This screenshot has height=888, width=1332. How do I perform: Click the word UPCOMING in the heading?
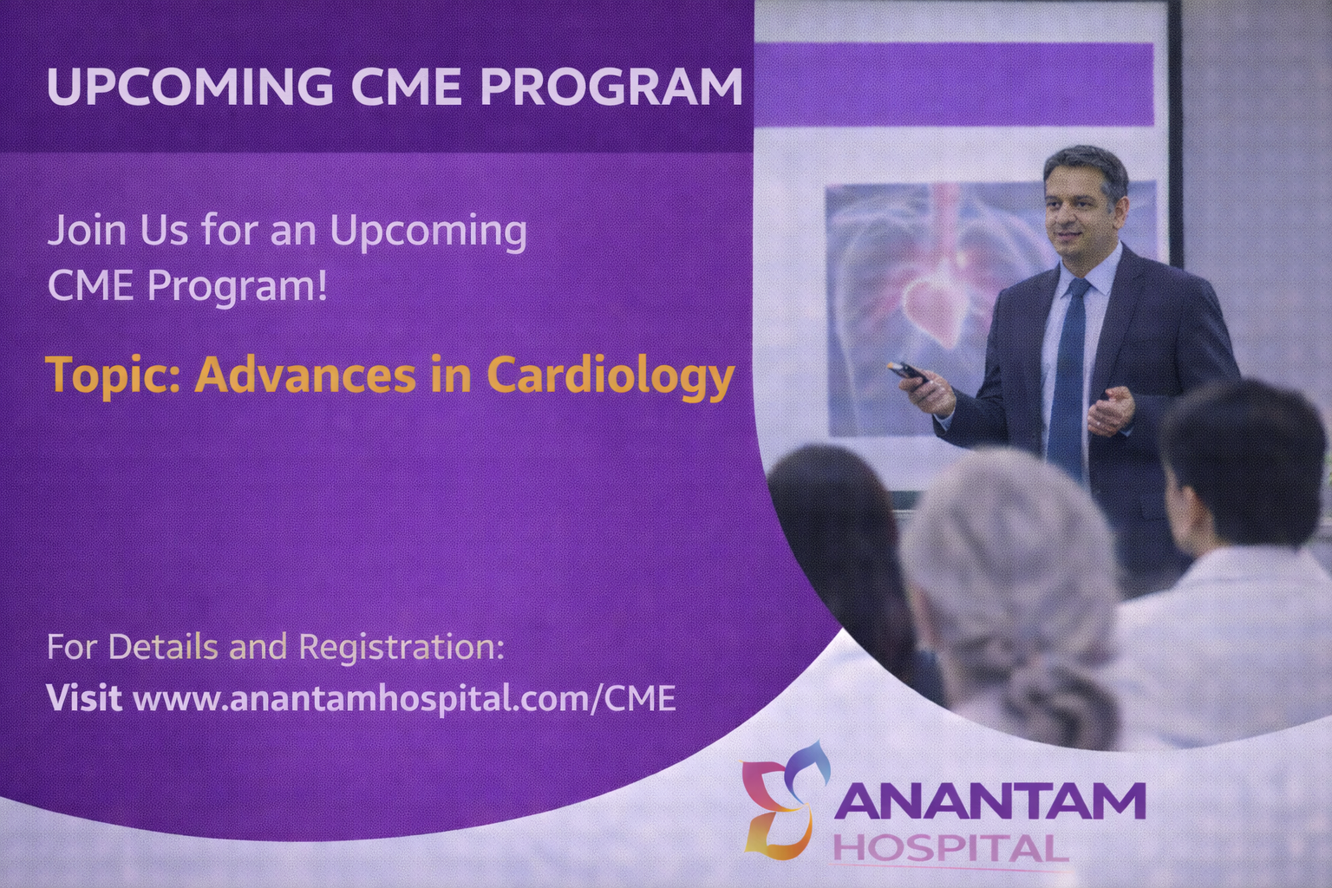(190, 86)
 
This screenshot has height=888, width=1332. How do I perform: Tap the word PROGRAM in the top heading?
(611, 86)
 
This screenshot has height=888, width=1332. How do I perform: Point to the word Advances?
(305, 375)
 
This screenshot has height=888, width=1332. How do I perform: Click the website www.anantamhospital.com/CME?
(404, 698)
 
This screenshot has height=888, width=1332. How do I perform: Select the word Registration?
(401, 648)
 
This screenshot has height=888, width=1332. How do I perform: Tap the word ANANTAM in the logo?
(990, 800)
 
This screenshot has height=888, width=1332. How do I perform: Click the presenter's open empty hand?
(1110, 410)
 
